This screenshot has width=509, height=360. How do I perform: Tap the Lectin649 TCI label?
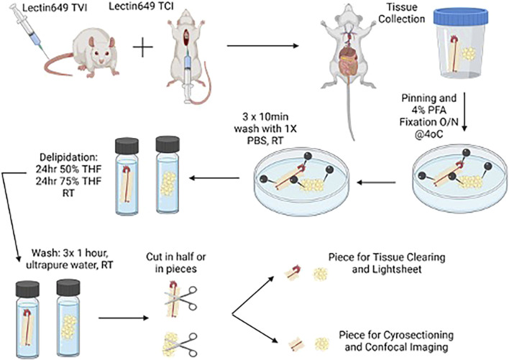point(141,6)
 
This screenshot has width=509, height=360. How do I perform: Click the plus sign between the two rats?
point(143,47)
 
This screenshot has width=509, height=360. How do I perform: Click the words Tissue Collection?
point(402,13)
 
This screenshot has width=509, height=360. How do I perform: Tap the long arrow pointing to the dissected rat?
point(262,46)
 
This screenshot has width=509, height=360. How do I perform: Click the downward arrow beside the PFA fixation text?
point(464,112)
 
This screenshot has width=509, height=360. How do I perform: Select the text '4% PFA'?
point(428,110)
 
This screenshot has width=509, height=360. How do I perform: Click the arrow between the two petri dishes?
point(376,183)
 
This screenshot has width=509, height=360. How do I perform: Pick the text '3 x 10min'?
point(265,116)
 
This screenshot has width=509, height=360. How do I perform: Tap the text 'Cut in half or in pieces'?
point(175,263)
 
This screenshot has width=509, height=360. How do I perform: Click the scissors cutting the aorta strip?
point(181,297)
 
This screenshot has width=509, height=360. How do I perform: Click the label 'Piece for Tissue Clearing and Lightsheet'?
point(387,263)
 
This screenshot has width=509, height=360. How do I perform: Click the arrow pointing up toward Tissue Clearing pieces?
point(254,295)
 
